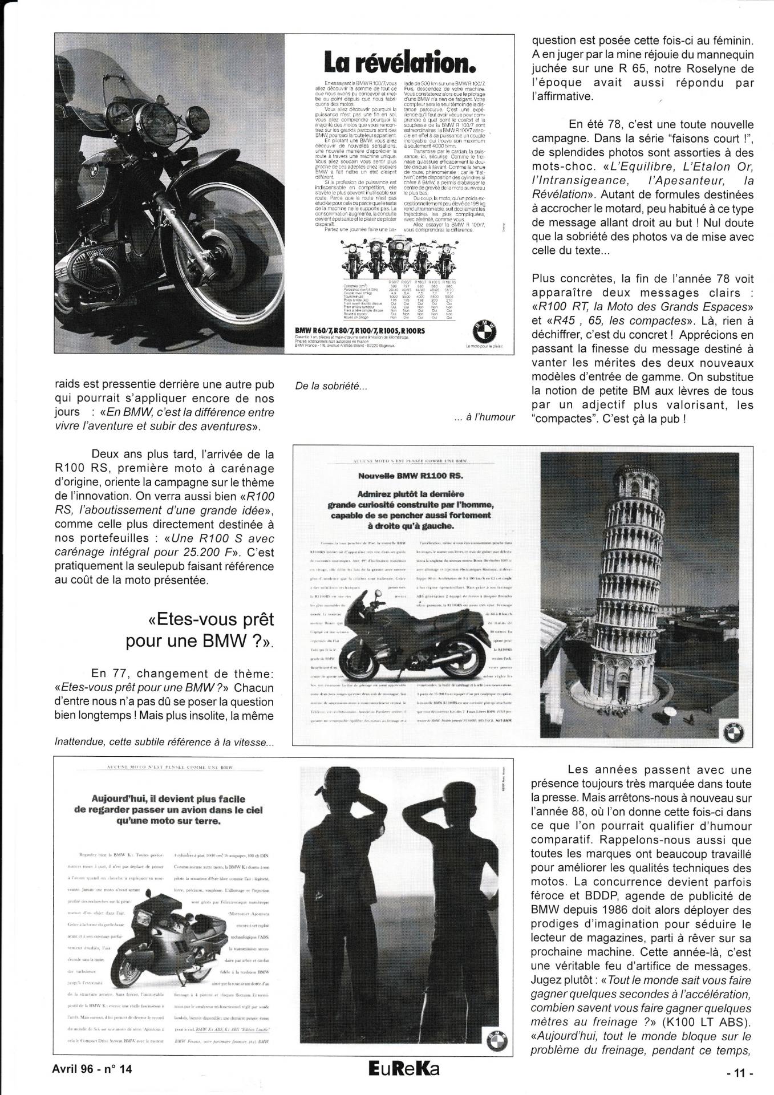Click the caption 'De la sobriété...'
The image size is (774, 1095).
330,386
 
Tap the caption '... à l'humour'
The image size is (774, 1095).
485,417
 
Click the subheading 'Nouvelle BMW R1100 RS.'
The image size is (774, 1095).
413,475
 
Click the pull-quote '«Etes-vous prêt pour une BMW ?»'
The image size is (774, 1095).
200,631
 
